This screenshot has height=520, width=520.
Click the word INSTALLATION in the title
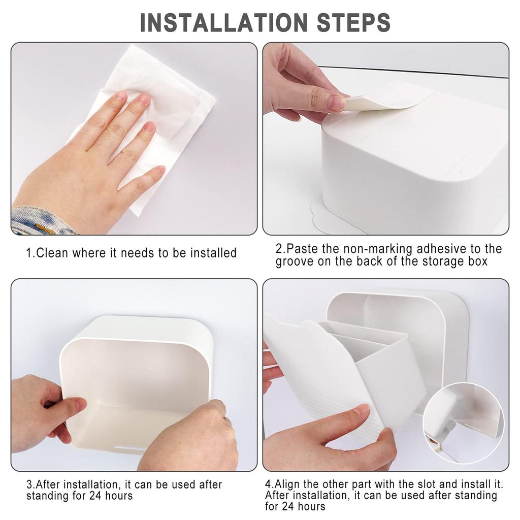pos(224,22)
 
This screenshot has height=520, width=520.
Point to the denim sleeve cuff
pos(41,221)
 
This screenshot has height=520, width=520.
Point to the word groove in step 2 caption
pos(294,262)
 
